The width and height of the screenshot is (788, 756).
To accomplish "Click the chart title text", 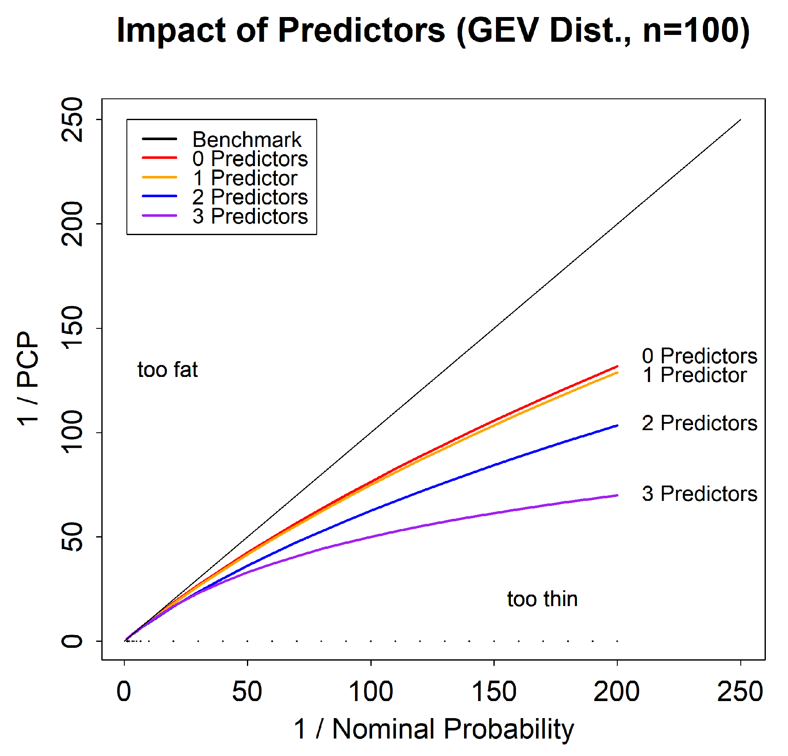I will [x=433, y=31].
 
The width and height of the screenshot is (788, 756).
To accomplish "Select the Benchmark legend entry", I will [x=246, y=139].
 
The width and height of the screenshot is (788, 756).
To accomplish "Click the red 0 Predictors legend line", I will [x=159, y=158].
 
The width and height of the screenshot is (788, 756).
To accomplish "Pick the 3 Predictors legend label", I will [x=250, y=216].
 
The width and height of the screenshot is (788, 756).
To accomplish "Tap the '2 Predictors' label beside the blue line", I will [x=699, y=423].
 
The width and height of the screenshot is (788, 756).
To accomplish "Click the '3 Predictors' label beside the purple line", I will [x=699, y=494].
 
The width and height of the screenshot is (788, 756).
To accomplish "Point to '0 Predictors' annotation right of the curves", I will [x=699, y=356].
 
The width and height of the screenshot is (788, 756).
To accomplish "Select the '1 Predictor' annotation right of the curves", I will [x=694, y=375].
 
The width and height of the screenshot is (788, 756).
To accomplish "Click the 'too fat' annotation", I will [x=167, y=369].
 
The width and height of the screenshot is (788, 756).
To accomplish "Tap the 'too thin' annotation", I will [x=542, y=599].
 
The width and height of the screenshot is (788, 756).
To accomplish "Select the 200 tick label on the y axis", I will [x=72, y=224].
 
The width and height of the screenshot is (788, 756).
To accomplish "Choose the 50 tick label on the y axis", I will [x=72, y=537].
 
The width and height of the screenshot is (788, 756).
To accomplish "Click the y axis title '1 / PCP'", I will [x=28, y=379].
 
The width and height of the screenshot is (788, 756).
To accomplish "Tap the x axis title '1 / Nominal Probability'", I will [x=433, y=729].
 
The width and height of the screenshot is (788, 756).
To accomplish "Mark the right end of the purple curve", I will [x=616, y=495].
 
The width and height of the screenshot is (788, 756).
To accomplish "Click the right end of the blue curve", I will [x=616, y=425].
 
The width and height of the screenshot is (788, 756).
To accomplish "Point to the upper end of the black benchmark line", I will [x=740, y=120].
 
